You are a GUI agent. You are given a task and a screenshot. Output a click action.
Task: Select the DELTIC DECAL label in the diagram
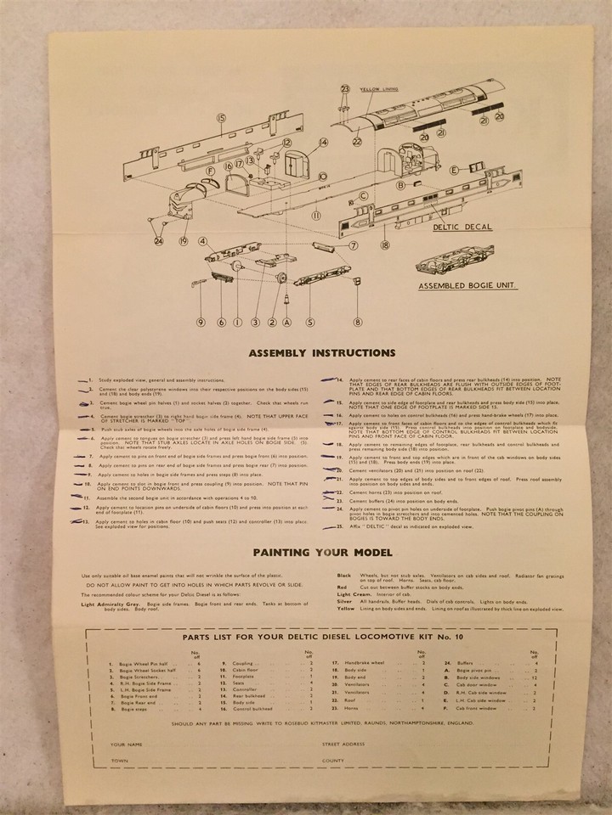coord(462,228)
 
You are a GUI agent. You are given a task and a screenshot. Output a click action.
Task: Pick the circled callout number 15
coord(221,120)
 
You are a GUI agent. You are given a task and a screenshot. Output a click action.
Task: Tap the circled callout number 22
coord(357,143)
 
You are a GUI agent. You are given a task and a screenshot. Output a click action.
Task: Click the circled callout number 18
coord(385,245)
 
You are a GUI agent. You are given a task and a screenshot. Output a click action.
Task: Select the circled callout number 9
coord(201,322)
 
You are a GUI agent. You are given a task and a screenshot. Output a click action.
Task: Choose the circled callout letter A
coord(286,322)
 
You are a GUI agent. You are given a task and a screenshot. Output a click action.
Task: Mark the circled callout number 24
coord(159,241)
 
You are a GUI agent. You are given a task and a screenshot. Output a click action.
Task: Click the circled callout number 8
coord(358,322)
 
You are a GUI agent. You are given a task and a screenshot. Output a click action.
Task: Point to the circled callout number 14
coord(324,143)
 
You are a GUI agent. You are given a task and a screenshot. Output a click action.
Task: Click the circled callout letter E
coord(455,171)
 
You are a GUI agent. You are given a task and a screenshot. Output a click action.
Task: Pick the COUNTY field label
coord(333,762)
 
